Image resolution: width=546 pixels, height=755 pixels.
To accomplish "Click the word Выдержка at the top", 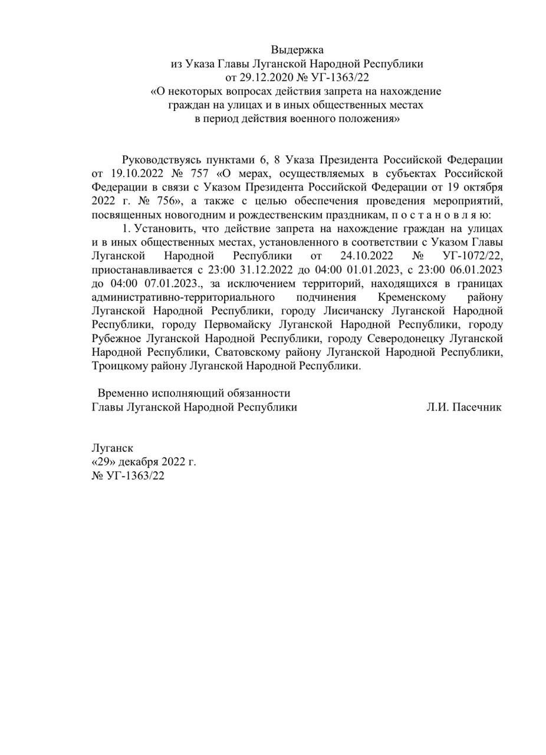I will tap(297, 50).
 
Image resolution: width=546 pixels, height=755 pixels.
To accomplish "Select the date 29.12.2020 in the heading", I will tap(264, 77).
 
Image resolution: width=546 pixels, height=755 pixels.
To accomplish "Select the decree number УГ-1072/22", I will tap(472, 256).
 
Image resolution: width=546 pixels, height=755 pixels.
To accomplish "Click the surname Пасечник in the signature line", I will tap(477, 407).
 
